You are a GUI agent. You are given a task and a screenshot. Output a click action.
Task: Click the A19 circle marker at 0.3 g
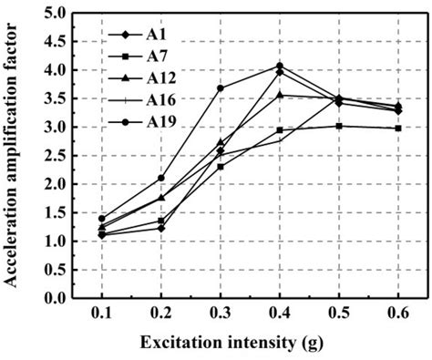point(221,88)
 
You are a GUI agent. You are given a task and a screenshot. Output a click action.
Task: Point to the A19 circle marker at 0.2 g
point(161,178)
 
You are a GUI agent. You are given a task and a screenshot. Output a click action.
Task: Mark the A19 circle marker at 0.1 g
point(102,219)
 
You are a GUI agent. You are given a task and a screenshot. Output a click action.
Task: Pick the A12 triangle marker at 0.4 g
point(280,95)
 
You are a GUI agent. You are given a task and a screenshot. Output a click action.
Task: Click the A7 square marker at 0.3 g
point(221,166)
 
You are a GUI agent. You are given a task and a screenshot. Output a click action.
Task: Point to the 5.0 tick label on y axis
point(56,14)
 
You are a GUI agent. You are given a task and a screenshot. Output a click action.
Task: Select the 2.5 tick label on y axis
point(56,156)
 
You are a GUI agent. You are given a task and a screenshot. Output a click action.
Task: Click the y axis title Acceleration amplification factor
point(15,155)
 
